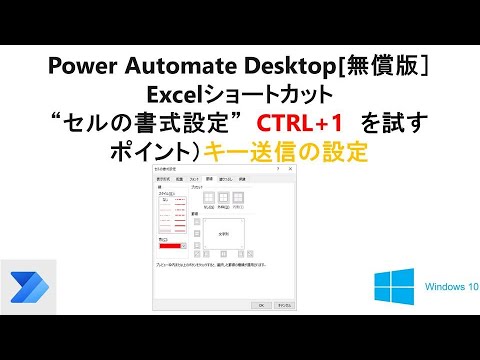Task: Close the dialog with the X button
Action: point(290,172)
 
